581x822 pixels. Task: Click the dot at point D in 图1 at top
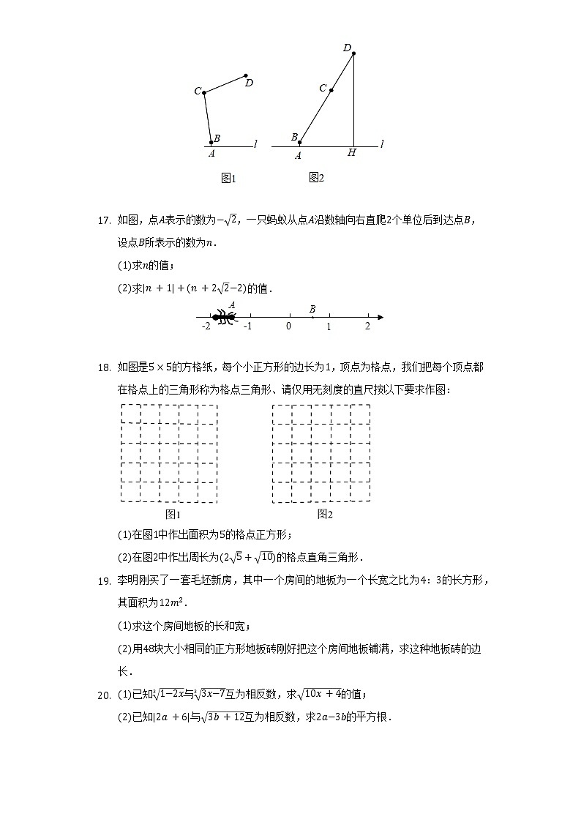click(246, 75)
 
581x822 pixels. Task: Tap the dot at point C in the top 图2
click(331, 91)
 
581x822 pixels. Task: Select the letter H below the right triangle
click(352, 153)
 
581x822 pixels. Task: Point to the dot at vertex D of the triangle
click(353, 53)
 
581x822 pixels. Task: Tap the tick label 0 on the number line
click(288, 326)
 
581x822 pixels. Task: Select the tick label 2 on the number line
click(367, 326)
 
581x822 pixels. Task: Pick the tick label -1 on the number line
click(248, 326)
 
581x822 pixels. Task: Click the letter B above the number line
click(312, 309)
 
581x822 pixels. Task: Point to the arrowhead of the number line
click(380, 318)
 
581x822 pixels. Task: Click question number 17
click(103, 219)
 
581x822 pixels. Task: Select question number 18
click(103, 367)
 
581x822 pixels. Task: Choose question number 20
click(103, 694)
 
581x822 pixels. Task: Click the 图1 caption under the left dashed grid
click(173, 515)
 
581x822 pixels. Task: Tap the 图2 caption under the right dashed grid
click(325, 515)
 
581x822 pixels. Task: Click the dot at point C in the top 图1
click(204, 92)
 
